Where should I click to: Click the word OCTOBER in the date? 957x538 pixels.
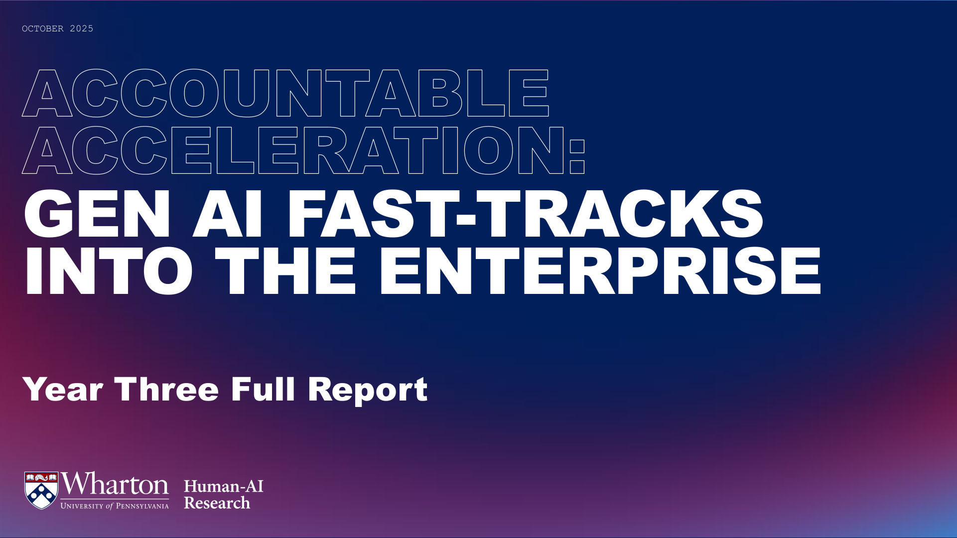(x=43, y=29)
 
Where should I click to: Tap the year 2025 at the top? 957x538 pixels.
(x=82, y=29)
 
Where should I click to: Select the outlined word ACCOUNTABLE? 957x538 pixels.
(x=285, y=93)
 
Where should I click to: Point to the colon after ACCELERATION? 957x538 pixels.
(x=577, y=156)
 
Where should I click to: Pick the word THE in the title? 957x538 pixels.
(x=286, y=271)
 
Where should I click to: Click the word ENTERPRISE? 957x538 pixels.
(x=600, y=271)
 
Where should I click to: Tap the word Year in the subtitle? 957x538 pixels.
(x=63, y=389)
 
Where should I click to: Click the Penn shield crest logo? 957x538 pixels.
(x=41, y=491)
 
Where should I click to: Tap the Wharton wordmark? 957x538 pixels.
(x=115, y=484)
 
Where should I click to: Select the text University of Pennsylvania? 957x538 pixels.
(x=115, y=506)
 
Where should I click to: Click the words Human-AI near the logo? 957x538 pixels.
(x=224, y=486)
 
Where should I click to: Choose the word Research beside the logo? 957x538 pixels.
(x=217, y=503)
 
